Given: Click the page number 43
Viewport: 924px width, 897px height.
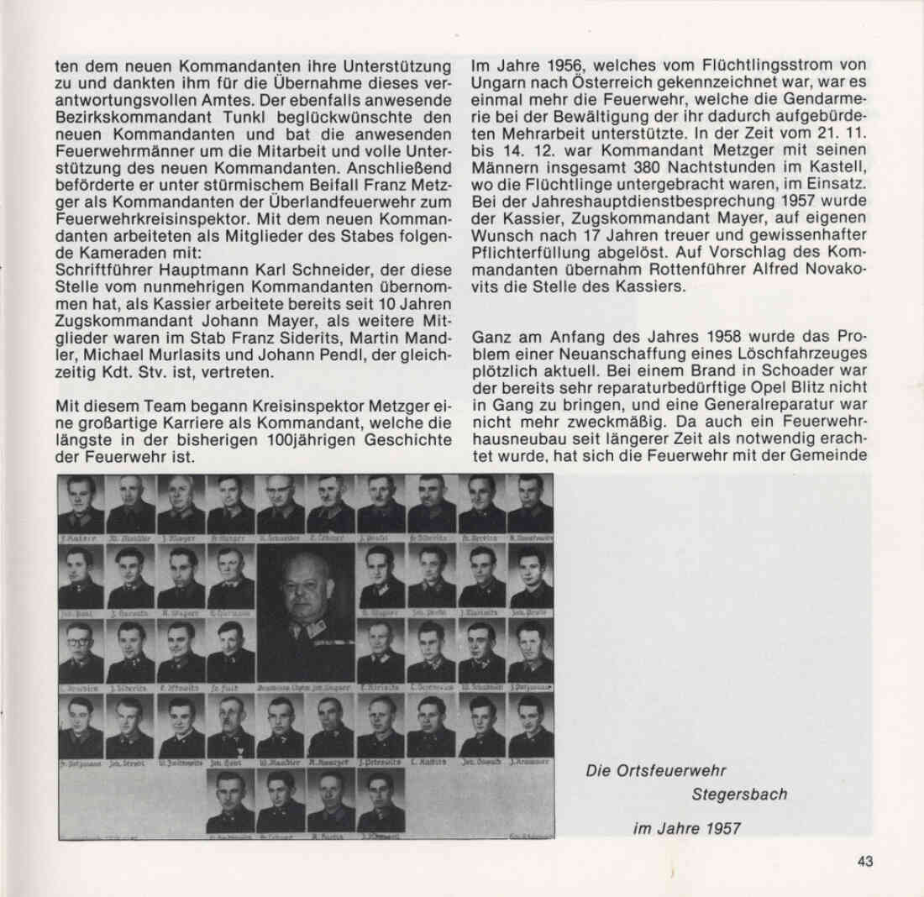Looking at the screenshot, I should (x=865, y=861).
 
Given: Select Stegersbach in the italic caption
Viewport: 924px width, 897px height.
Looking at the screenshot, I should (x=739, y=794).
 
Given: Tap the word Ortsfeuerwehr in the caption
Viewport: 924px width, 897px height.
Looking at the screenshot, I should (x=666, y=770).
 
